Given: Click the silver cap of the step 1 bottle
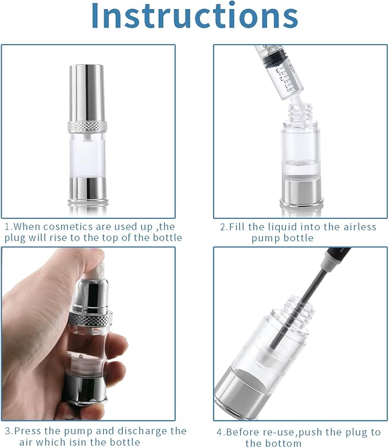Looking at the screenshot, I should [x=87, y=92].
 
